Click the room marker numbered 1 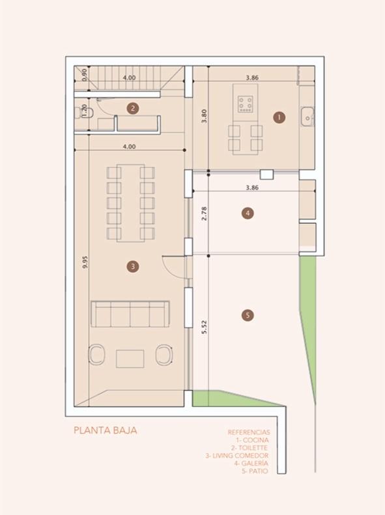(279, 117)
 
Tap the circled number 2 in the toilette (133, 108)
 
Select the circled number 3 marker (133, 266)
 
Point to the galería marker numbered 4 (248, 213)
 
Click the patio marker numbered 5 (248, 316)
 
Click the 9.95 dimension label (85, 262)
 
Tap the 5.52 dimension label (204, 327)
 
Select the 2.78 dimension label (204, 213)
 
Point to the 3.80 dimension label (204, 116)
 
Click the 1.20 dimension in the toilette (84, 111)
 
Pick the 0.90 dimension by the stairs (85, 75)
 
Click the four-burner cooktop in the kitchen (246, 104)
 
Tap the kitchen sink (307, 117)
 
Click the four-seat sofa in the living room (130, 314)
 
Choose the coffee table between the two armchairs (130, 359)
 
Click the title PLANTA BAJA (105, 430)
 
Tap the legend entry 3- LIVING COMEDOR (237, 456)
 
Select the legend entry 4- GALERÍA (251, 463)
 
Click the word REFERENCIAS (249, 432)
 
